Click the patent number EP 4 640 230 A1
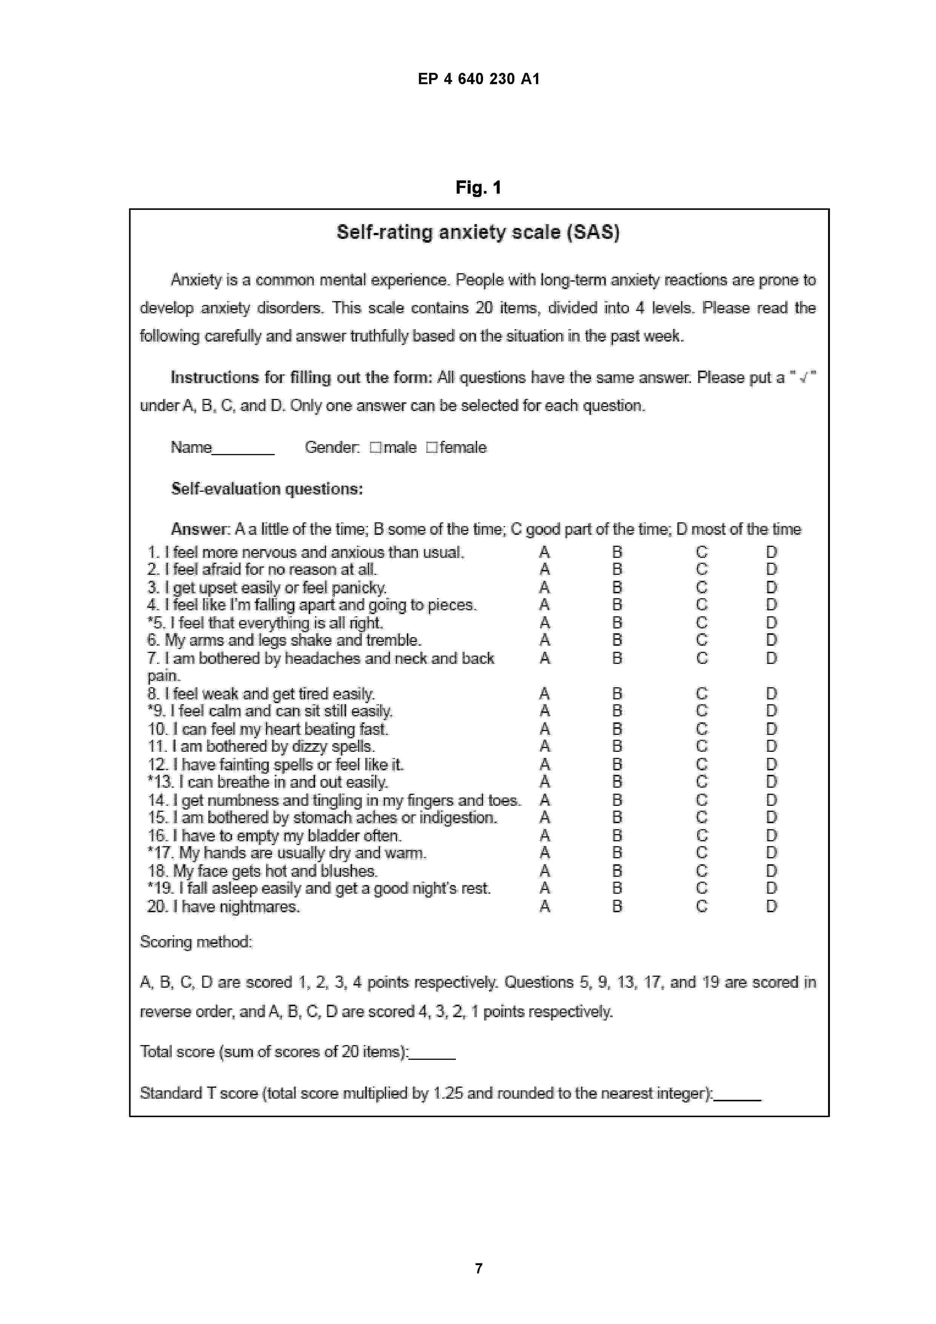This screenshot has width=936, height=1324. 478,79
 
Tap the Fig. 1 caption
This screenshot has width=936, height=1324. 478,188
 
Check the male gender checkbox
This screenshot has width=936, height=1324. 376,448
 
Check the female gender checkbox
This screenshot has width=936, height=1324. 431,448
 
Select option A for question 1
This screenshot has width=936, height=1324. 544,553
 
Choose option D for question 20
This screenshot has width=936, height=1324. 771,907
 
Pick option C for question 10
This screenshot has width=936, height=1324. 701,729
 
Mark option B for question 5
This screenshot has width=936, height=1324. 617,623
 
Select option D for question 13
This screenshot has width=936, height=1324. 771,782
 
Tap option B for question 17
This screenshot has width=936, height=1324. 617,853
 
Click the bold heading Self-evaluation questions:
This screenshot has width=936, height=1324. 267,489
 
